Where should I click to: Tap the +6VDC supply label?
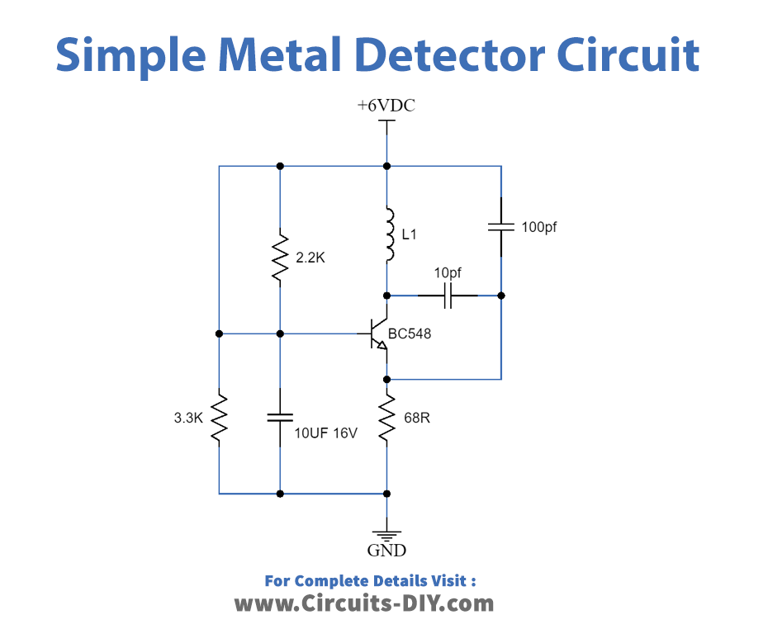click(x=386, y=106)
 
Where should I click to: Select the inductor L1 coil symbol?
click(x=386, y=235)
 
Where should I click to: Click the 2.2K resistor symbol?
click(x=280, y=257)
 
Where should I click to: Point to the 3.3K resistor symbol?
click(x=219, y=418)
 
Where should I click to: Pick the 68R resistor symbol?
click(x=386, y=419)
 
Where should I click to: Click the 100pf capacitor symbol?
click(x=500, y=226)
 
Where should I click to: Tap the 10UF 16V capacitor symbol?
click(x=280, y=418)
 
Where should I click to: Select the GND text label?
click(x=386, y=551)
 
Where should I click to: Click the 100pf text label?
click(x=539, y=226)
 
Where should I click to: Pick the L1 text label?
click(x=410, y=235)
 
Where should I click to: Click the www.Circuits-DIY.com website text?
click(x=364, y=603)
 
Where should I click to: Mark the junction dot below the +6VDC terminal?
click(x=386, y=165)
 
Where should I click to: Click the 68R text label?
click(x=417, y=419)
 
